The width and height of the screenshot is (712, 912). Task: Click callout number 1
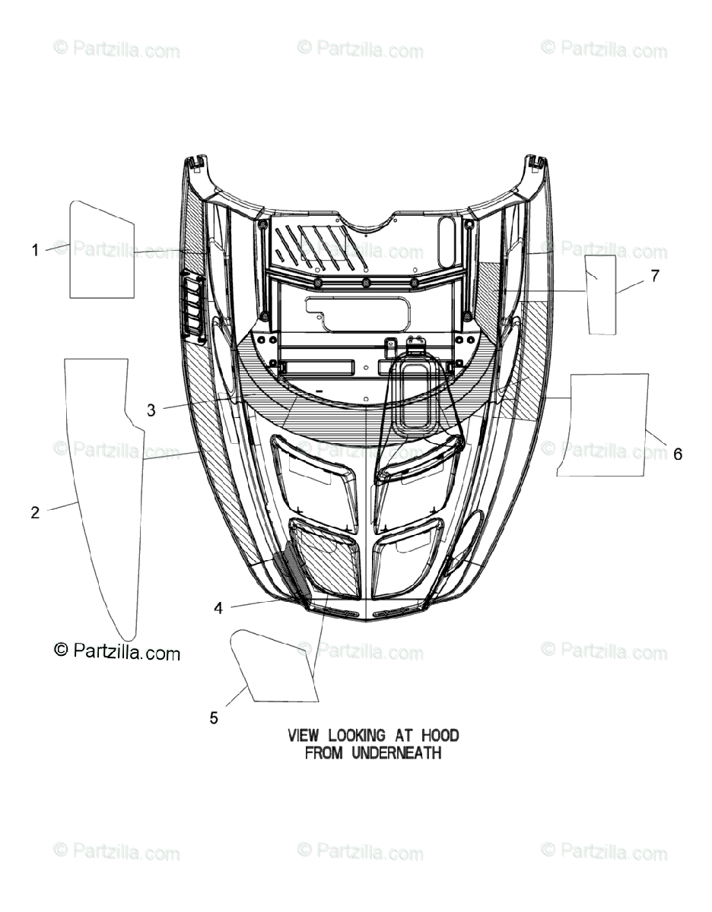(x=35, y=249)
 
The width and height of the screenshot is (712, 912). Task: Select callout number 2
(x=35, y=513)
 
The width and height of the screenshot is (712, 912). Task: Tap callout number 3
(x=151, y=410)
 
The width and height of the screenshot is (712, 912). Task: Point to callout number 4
(x=218, y=608)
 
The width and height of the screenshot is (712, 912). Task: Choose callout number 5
(x=214, y=717)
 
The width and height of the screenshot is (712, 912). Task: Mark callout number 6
(x=677, y=454)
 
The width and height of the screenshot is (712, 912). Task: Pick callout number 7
(x=655, y=277)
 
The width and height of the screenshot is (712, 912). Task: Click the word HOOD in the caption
(x=440, y=736)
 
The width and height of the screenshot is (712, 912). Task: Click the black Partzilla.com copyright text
(x=117, y=651)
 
